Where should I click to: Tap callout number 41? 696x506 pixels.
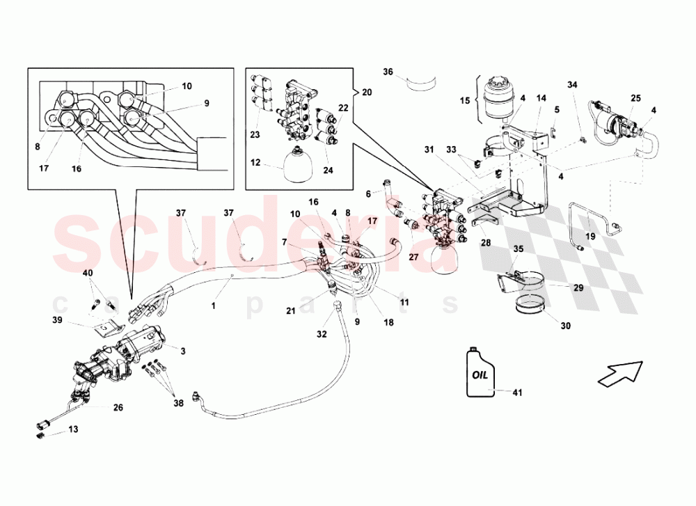[517, 393]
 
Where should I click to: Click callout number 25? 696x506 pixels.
[635, 99]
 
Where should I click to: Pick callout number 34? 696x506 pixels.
[572, 85]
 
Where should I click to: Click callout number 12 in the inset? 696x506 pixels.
[256, 163]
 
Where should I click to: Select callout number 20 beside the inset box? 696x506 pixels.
[367, 92]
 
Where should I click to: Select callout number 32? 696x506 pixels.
[321, 333]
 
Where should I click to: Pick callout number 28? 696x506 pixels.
[484, 242]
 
